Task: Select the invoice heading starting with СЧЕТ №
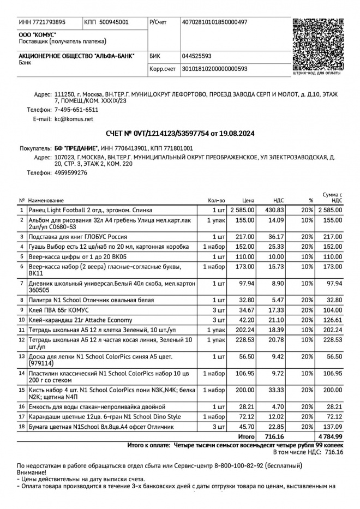pos(180,133)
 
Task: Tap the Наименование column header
pos(46,201)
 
